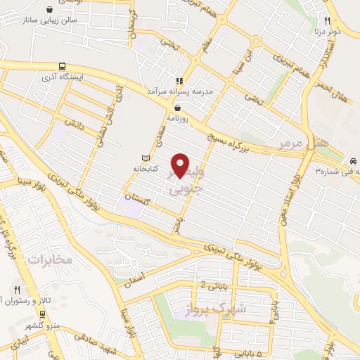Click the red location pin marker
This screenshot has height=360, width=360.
181,165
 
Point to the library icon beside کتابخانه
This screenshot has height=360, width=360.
146,157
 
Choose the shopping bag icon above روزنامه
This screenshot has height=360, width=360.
178,108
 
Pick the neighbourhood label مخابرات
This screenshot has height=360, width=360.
50,260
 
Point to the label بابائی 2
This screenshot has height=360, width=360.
214,285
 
